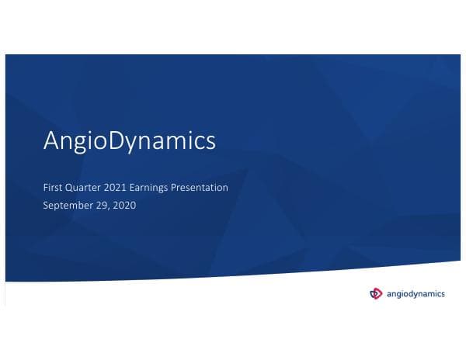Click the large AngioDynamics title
[129, 142]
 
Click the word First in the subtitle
[53, 188]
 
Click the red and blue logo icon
[377, 293]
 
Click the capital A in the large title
[51, 141]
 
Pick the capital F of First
[46, 188]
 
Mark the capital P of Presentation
[183, 188]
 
